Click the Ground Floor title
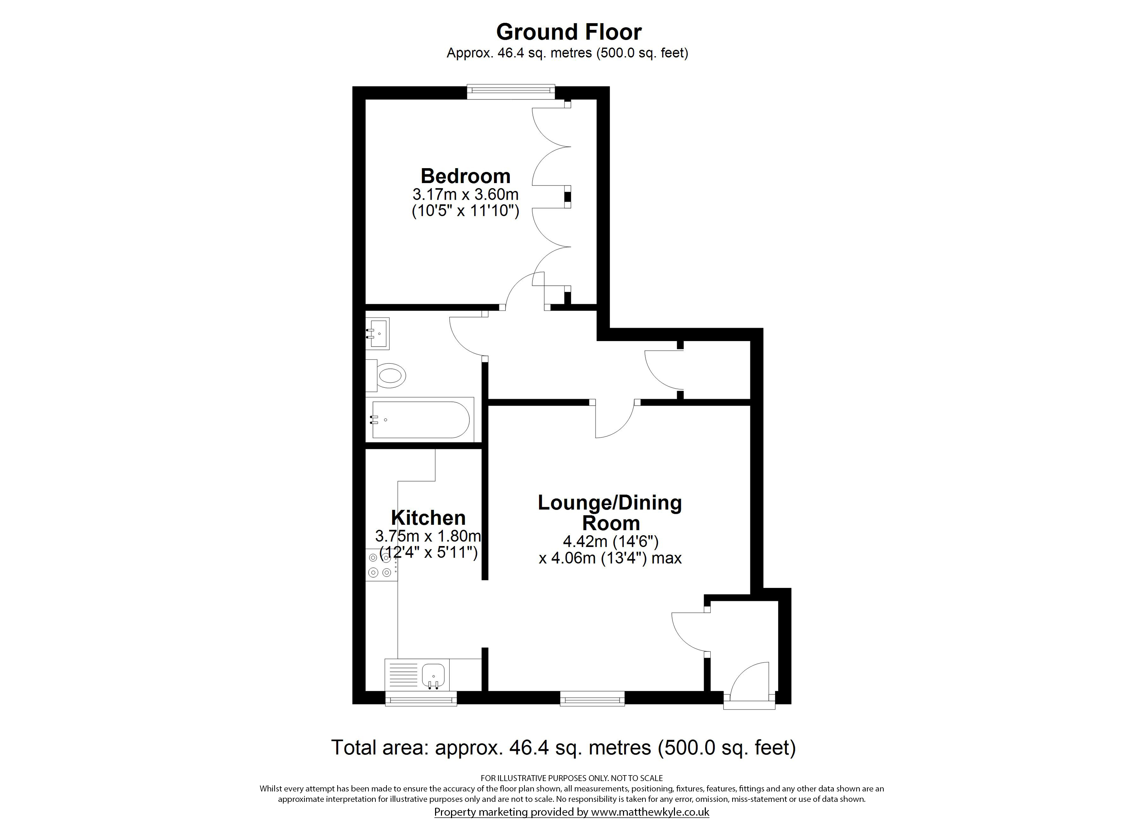pos(569,32)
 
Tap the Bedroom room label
pos(466,176)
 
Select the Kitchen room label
pos(428,518)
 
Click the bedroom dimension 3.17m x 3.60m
pos(466,194)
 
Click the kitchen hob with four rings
pos(381,565)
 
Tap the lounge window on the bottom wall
pos(592,698)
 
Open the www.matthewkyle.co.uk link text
pos(650,812)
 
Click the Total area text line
pos(563,747)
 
